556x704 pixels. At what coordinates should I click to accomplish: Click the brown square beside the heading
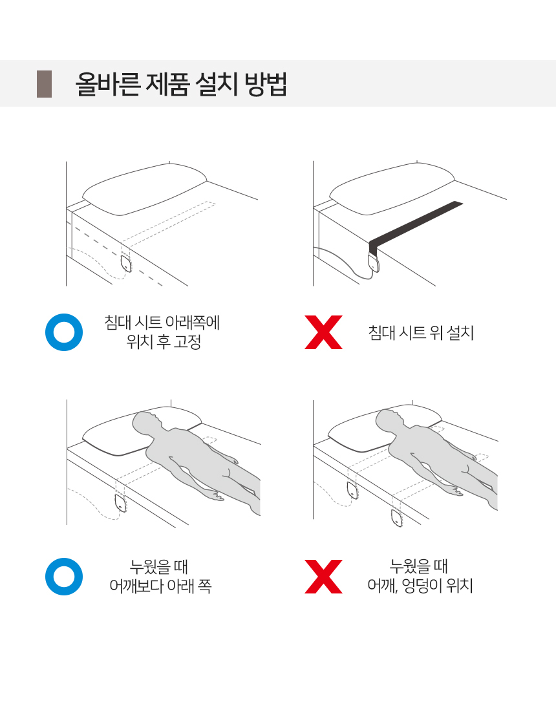(x=44, y=84)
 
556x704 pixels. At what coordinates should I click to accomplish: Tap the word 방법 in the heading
(x=266, y=84)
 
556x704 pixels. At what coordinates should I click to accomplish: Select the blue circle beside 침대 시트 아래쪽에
(x=64, y=332)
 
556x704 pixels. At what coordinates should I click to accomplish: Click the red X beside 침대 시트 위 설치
(x=323, y=332)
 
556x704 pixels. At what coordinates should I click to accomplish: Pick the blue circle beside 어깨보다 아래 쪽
(x=64, y=577)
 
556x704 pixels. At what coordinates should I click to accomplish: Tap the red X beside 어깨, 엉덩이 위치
(x=323, y=577)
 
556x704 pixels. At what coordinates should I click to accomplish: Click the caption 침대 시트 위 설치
(x=421, y=333)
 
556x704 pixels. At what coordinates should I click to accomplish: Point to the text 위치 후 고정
(x=164, y=342)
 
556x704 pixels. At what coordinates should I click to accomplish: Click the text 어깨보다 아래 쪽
(x=160, y=586)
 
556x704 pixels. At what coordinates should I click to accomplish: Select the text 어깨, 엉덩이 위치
(x=420, y=586)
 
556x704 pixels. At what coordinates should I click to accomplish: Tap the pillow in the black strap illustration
(x=392, y=189)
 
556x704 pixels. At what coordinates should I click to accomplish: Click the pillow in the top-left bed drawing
(x=145, y=189)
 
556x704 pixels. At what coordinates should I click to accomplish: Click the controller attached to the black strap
(x=374, y=262)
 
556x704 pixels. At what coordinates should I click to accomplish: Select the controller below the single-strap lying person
(x=121, y=502)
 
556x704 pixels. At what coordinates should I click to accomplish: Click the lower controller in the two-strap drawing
(x=396, y=518)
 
